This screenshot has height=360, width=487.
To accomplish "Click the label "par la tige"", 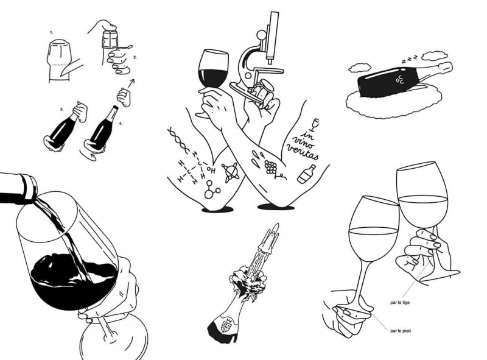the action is click(400, 302).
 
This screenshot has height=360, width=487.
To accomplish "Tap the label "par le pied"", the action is click(401, 331).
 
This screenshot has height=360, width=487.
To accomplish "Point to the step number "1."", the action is click(51, 32).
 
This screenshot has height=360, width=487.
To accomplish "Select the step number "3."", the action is click(62, 110).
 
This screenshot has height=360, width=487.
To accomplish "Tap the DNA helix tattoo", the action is click(178, 140).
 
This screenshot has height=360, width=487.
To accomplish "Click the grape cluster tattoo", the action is click(270, 167).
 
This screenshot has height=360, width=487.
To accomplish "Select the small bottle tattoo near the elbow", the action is click(307, 174).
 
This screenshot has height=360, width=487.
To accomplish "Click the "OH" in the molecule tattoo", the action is click(211, 171).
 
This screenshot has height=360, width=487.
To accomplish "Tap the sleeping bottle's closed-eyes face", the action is click(400, 80).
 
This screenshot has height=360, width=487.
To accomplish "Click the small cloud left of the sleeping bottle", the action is click(360, 67).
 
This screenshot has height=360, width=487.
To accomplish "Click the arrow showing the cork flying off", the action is click(131, 83).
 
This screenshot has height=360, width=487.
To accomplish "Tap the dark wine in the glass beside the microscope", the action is click(212, 78).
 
